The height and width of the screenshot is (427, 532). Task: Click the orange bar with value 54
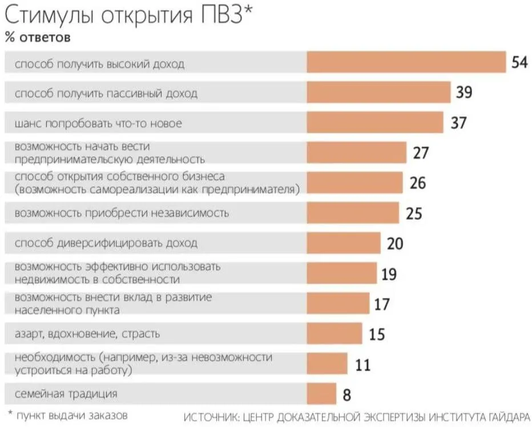click(406, 62)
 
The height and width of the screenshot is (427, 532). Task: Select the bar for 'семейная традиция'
click(322, 393)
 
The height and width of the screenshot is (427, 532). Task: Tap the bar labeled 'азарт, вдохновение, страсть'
click(334, 333)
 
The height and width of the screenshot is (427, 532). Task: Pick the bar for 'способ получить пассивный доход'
click(379, 92)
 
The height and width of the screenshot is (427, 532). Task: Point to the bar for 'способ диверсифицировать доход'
click(344, 243)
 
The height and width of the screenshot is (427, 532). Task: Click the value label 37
click(459, 122)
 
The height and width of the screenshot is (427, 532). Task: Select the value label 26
click(418, 183)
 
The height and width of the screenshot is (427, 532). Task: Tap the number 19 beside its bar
click(389, 274)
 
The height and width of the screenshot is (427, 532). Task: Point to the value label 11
click(362, 364)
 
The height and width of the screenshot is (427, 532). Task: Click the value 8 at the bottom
click(346, 394)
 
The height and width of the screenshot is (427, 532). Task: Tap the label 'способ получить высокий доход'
click(100, 63)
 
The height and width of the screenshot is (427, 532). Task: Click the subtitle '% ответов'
click(38, 37)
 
